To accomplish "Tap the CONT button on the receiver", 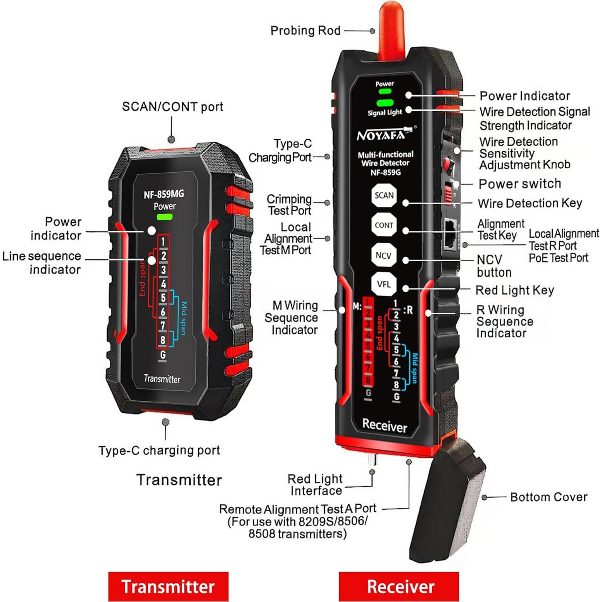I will (x=383, y=225).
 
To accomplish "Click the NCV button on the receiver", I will (x=383, y=255).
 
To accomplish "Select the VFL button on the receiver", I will (x=383, y=284).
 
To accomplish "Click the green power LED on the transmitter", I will (x=164, y=217).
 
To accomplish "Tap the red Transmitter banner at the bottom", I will (x=168, y=586).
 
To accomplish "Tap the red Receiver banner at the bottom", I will (x=399, y=586).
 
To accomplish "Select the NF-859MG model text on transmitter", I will (x=164, y=194).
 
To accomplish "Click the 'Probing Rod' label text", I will (x=305, y=31).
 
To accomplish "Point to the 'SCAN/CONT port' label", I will (x=172, y=107).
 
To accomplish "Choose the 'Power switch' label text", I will (x=520, y=183).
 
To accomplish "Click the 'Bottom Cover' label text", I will (x=549, y=497).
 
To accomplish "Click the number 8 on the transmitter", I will (x=163, y=340).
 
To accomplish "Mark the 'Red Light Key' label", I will (x=514, y=290).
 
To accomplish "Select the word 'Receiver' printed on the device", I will (x=385, y=426).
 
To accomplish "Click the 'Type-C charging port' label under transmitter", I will (x=159, y=450).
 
